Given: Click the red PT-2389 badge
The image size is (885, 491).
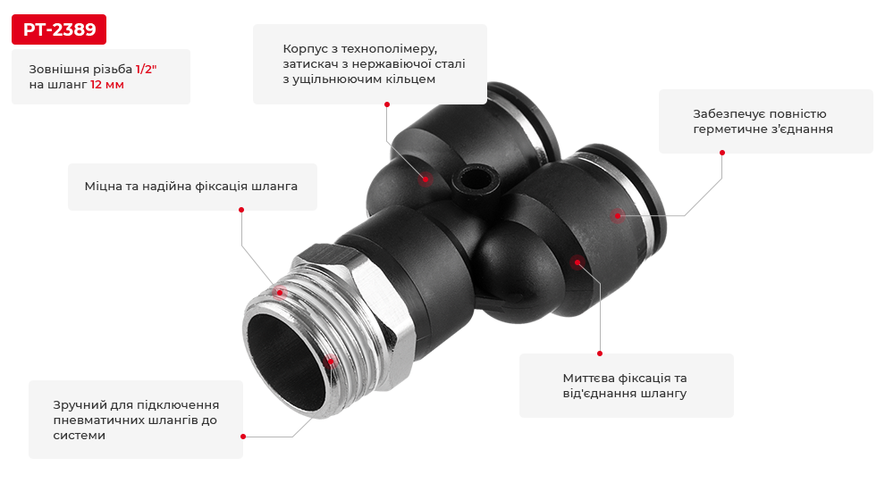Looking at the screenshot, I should point(59,29).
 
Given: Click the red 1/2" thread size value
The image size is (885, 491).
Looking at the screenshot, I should point(146,69).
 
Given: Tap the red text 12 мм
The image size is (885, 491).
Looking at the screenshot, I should point(106,85).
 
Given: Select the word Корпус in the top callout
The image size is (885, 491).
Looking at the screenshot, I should point(306,47).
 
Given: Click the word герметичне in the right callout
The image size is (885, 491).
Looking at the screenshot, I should point(727,129).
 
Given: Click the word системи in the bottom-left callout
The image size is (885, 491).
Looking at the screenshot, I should point(80,435).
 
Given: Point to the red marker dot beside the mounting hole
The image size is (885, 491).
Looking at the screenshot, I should point(425,179).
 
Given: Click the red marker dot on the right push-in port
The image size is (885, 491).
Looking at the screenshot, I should point(616,215).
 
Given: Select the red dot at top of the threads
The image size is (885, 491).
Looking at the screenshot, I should point(280,292).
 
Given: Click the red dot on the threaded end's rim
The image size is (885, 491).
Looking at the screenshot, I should point(331,362).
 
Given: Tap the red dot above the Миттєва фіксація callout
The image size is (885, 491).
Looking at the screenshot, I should point(600,354).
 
